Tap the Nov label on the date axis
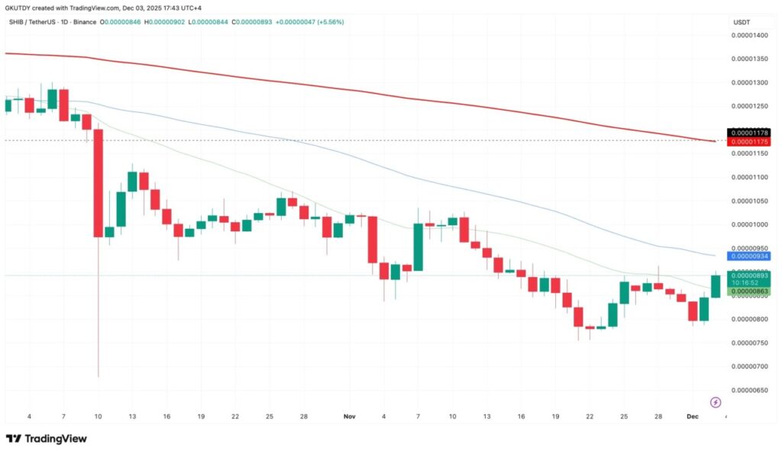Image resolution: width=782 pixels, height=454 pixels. pos(350,417)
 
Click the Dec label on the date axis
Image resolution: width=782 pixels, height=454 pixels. pos(693,417)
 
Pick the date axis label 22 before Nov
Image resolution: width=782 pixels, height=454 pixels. pos(235,417)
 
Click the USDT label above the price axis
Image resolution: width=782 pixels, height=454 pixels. pos(742,22)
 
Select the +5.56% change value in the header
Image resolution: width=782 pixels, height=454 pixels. pos(329,22)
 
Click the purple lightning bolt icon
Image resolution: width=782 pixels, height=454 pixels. pos(716,402)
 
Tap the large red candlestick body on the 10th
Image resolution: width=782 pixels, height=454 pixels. pos(98,183)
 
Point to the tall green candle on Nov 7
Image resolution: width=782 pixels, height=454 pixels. pos(418,247)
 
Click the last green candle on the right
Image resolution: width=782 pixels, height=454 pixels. pos(716,286)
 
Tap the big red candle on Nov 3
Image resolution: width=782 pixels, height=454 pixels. pos(373,240)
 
